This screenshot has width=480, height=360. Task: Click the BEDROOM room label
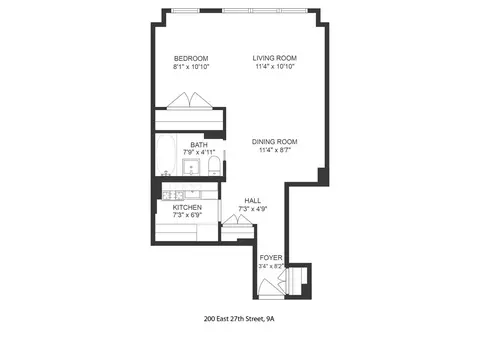tap(190, 59)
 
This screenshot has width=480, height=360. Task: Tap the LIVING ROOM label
tap(274, 59)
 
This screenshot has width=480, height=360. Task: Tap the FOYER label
tap(271, 257)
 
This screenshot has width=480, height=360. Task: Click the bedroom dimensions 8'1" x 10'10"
tap(190, 68)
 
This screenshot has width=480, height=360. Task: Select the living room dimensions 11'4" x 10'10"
tap(274, 68)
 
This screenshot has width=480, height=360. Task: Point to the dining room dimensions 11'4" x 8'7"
tap(274, 150)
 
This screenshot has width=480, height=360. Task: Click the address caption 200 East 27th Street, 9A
tap(240, 321)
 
